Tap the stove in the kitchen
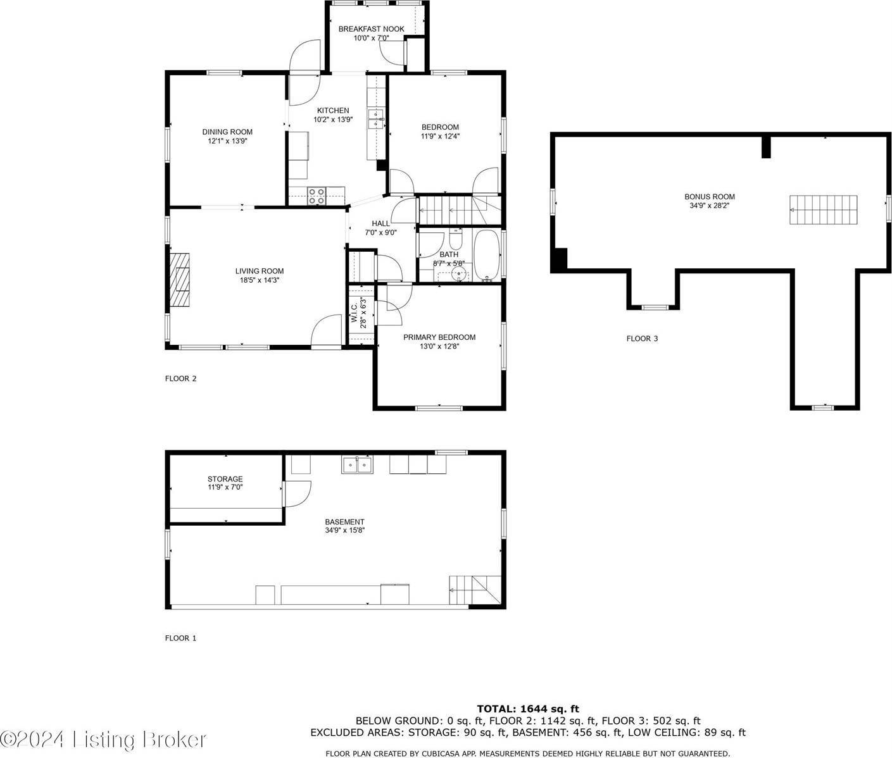pos(317,196)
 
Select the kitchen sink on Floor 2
pos(376,119)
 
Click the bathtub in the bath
pos(487,254)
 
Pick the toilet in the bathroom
pos(455,240)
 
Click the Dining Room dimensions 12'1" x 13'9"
pos(227,141)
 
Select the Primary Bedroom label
pos(439,337)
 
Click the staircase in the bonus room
pos(824,209)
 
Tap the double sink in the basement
pos(358,465)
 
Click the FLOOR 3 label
pos(642,339)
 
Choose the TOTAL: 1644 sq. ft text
pos(527,709)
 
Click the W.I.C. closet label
pos(355,314)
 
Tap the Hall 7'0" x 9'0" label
pos(380,228)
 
